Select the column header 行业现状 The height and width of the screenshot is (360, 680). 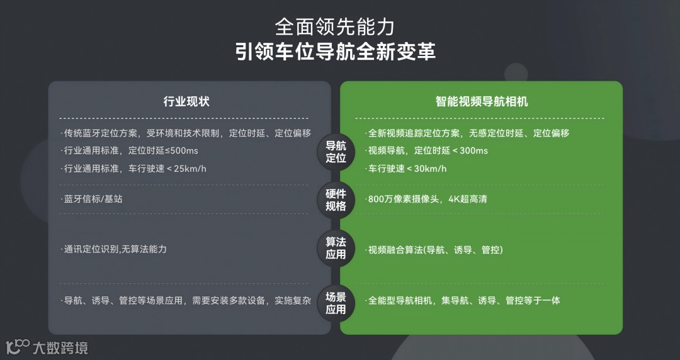click(186, 101)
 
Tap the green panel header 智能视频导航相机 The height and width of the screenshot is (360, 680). click(482, 101)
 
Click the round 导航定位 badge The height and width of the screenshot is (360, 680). click(336, 152)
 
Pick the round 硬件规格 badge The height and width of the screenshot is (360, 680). click(336, 200)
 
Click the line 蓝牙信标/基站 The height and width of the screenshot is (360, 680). click(93, 200)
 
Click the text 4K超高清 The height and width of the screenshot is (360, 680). click(468, 200)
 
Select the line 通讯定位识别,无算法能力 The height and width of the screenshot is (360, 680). click(115, 249)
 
